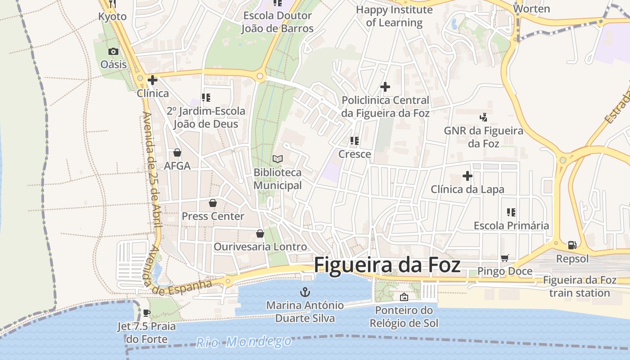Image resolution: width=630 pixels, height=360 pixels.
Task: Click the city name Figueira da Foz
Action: (x=387, y=265)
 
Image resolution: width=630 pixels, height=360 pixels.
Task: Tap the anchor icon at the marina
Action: (x=305, y=292)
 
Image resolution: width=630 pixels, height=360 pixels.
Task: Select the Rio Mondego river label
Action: (x=244, y=342)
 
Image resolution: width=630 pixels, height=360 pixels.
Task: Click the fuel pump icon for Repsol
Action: (x=572, y=245)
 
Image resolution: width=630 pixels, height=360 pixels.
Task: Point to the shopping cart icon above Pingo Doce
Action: (x=505, y=258)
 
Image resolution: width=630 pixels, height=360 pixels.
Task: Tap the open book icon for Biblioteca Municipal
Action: (x=278, y=159)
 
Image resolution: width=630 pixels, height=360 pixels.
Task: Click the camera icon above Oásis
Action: (x=113, y=51)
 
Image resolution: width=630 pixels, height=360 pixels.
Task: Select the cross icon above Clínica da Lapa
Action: (x=467, y=176)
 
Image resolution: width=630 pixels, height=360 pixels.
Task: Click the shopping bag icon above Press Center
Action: (x=213, y=203)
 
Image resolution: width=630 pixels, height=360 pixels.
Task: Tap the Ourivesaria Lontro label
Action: (x=260, y=247)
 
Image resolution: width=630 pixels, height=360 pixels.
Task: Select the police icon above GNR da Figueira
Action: (x=483, y=117)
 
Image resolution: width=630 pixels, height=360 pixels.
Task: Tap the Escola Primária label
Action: (x=511, y=225)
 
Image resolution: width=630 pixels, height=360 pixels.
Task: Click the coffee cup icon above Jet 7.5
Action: (x=146, y=313)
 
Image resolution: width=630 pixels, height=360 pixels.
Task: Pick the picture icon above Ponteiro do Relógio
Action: (x=404, y=297)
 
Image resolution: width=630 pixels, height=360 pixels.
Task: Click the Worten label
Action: (x=531, y=9)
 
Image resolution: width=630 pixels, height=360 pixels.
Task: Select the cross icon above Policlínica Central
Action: (x=385, y=87)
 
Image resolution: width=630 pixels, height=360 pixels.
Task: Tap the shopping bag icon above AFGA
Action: (x=177, y=153)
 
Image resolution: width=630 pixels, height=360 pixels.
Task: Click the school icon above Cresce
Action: (x=355, y=141)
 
